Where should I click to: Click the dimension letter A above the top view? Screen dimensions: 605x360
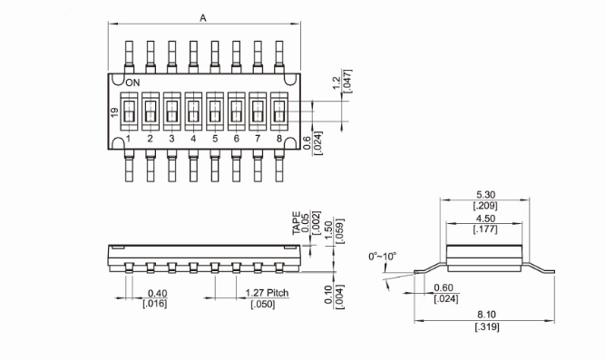point(203,18)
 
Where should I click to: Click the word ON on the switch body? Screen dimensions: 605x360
point(132,83)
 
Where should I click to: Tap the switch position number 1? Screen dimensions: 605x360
point(128,139)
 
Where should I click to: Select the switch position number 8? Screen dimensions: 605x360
point(279,139)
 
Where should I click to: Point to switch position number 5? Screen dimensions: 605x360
point(215,139)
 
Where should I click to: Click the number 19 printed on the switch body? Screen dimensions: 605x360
point(114,112)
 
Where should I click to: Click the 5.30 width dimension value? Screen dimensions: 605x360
point(486,194)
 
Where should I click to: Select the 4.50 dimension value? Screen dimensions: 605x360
point(486,219)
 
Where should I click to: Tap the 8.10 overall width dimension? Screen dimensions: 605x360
point(486,315)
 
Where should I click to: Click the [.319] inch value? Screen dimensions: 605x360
point(487,326)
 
